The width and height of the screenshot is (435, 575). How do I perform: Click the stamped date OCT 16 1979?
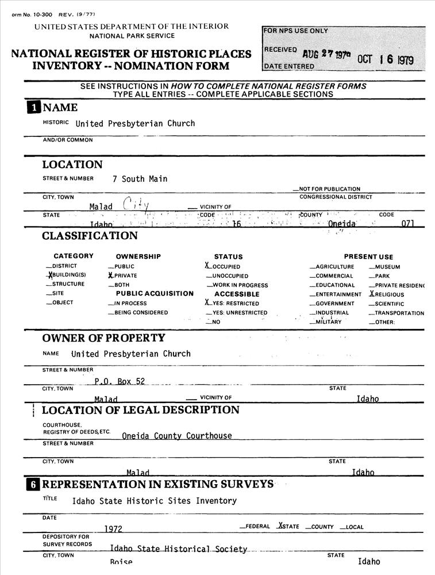(385, 60)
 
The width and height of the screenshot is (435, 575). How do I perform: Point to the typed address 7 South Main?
(140, 179)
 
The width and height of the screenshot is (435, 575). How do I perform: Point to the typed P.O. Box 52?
(120, 381)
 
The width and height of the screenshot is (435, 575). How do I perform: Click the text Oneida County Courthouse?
(177, 436)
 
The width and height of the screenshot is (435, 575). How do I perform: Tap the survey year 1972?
(113, 528)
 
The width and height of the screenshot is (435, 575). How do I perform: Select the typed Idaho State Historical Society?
(178, 549)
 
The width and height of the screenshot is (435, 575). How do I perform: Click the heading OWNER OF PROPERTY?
(103, 338)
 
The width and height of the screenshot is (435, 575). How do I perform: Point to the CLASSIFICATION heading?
(90, 236)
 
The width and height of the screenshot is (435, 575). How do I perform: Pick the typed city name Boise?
(121, 562)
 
